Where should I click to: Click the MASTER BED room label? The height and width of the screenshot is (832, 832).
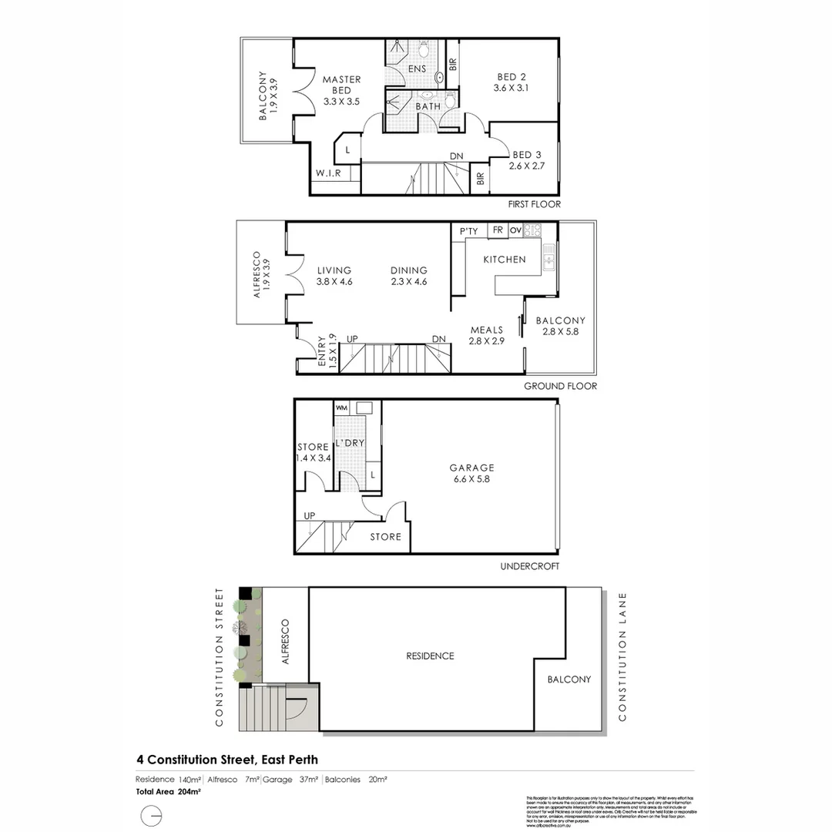click(x=341, y=85)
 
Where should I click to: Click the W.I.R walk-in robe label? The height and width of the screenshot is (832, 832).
click(x=327, y=174)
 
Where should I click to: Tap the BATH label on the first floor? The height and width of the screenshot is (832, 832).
click(x=428, y=106)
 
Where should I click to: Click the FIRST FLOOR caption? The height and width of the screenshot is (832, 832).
click(x=534, y=204)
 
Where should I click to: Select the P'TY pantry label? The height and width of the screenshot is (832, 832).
click(x=468, y=230)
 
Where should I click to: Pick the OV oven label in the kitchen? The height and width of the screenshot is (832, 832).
click(x=515, y=230)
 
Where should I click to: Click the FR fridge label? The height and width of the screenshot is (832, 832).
click(x=498, y=230)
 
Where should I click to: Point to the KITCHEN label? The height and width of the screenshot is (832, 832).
click(x=504, y=260)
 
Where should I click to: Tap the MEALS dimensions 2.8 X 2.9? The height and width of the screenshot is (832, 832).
click(x=487, y=341)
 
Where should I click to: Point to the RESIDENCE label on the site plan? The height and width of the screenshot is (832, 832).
click(x=430, y=656)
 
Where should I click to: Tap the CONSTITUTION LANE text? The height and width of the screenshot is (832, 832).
click(x=622, y=656)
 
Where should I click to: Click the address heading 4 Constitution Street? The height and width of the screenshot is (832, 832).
click(x=226, y=759)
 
